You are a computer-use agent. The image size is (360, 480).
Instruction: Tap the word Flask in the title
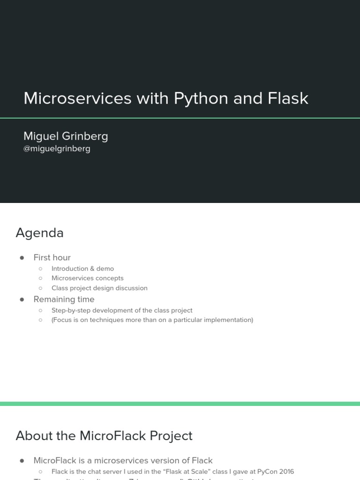click(288, 98)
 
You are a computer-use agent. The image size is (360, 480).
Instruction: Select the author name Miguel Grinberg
click(66, 136)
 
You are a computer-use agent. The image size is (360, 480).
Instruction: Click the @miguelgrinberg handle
click(57, 149)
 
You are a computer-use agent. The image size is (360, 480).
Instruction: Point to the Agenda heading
click(39, 233)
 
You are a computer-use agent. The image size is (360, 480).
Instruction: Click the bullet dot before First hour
click(22, 258)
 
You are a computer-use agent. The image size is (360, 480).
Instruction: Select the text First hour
click(52, 257)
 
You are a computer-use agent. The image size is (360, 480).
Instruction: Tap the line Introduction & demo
click(82, 269)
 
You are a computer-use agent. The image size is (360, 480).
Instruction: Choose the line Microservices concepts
click(87, 278)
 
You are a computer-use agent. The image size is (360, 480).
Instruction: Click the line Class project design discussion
click(99, 288)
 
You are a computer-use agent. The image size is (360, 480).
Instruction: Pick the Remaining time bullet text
click(64, 299)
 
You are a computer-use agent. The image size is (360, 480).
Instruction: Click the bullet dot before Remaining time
click(22, 300)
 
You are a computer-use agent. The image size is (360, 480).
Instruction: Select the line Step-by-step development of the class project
click(122, 310)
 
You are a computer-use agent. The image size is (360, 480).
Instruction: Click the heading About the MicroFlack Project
click(104, 435)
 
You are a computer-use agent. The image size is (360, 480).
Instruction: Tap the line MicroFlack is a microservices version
click(123, 460)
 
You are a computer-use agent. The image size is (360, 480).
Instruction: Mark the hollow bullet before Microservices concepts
click(41, 278)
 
